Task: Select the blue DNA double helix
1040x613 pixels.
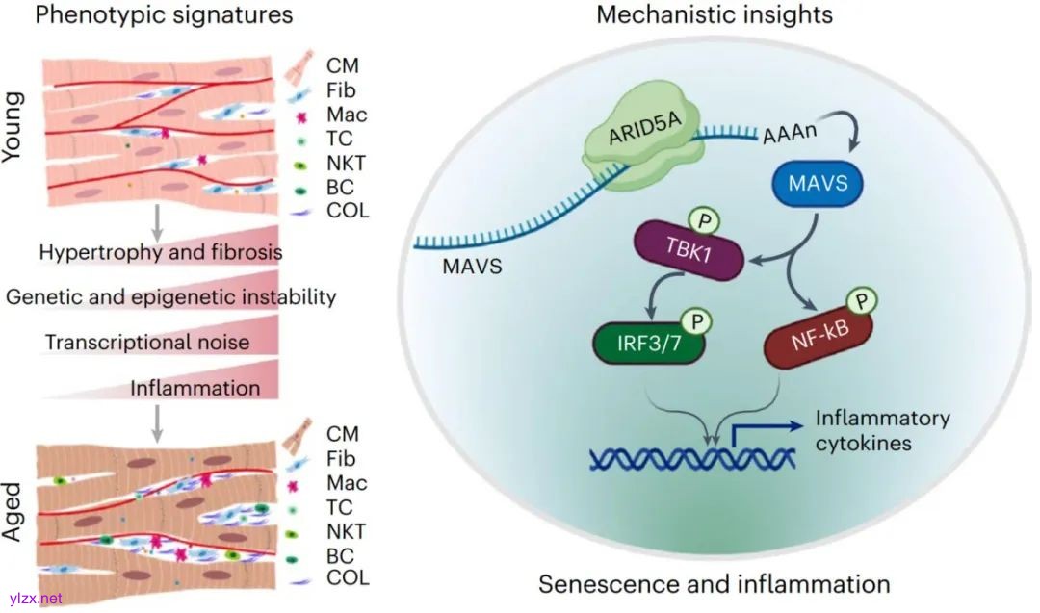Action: [x=691, y=452]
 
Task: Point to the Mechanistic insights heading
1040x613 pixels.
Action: [x=714, y=14]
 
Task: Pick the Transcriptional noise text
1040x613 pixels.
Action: [x=146, y=343]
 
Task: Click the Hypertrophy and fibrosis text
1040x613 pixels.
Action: [x=160, y=253]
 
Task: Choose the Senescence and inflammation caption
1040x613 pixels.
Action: [x=714, y=584]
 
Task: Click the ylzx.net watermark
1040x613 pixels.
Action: [x=32, y=598]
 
